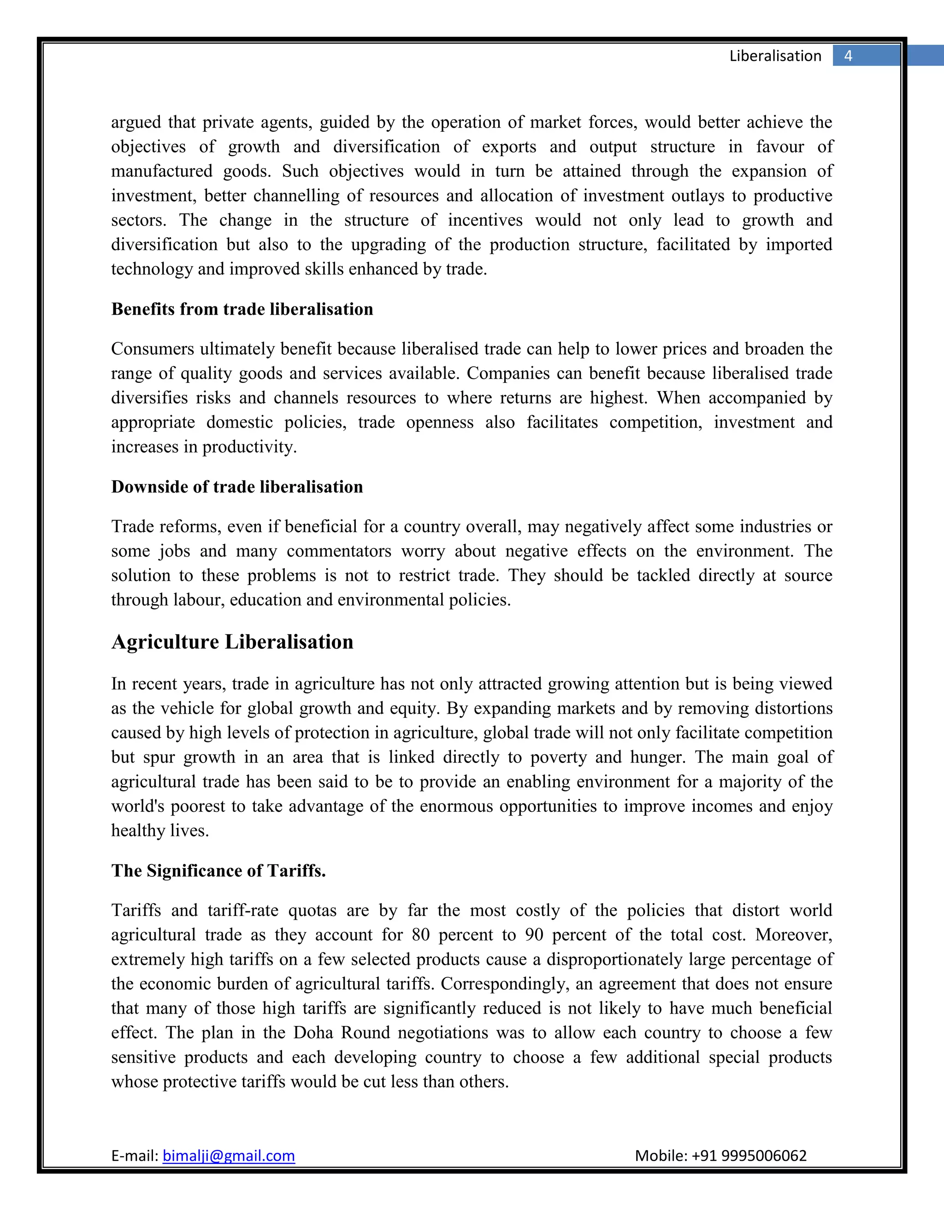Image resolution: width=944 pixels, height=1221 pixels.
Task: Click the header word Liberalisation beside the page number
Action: (x=775, y=56)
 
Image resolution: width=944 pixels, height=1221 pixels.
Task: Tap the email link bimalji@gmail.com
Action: (x=228, y=1156)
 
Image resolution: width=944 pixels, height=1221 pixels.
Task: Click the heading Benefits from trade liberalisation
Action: (x=242, y=309)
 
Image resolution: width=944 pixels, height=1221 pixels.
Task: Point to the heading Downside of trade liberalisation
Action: (x=236, y=487)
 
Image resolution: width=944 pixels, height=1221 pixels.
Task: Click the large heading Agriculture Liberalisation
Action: (x=232, y=642)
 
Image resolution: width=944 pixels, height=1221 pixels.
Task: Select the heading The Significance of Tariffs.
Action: (x=218, y=870)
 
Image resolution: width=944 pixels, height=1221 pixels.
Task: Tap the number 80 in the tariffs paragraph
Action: (x=420, y=935)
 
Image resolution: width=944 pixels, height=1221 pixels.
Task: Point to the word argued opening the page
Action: (x=136, y=123)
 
